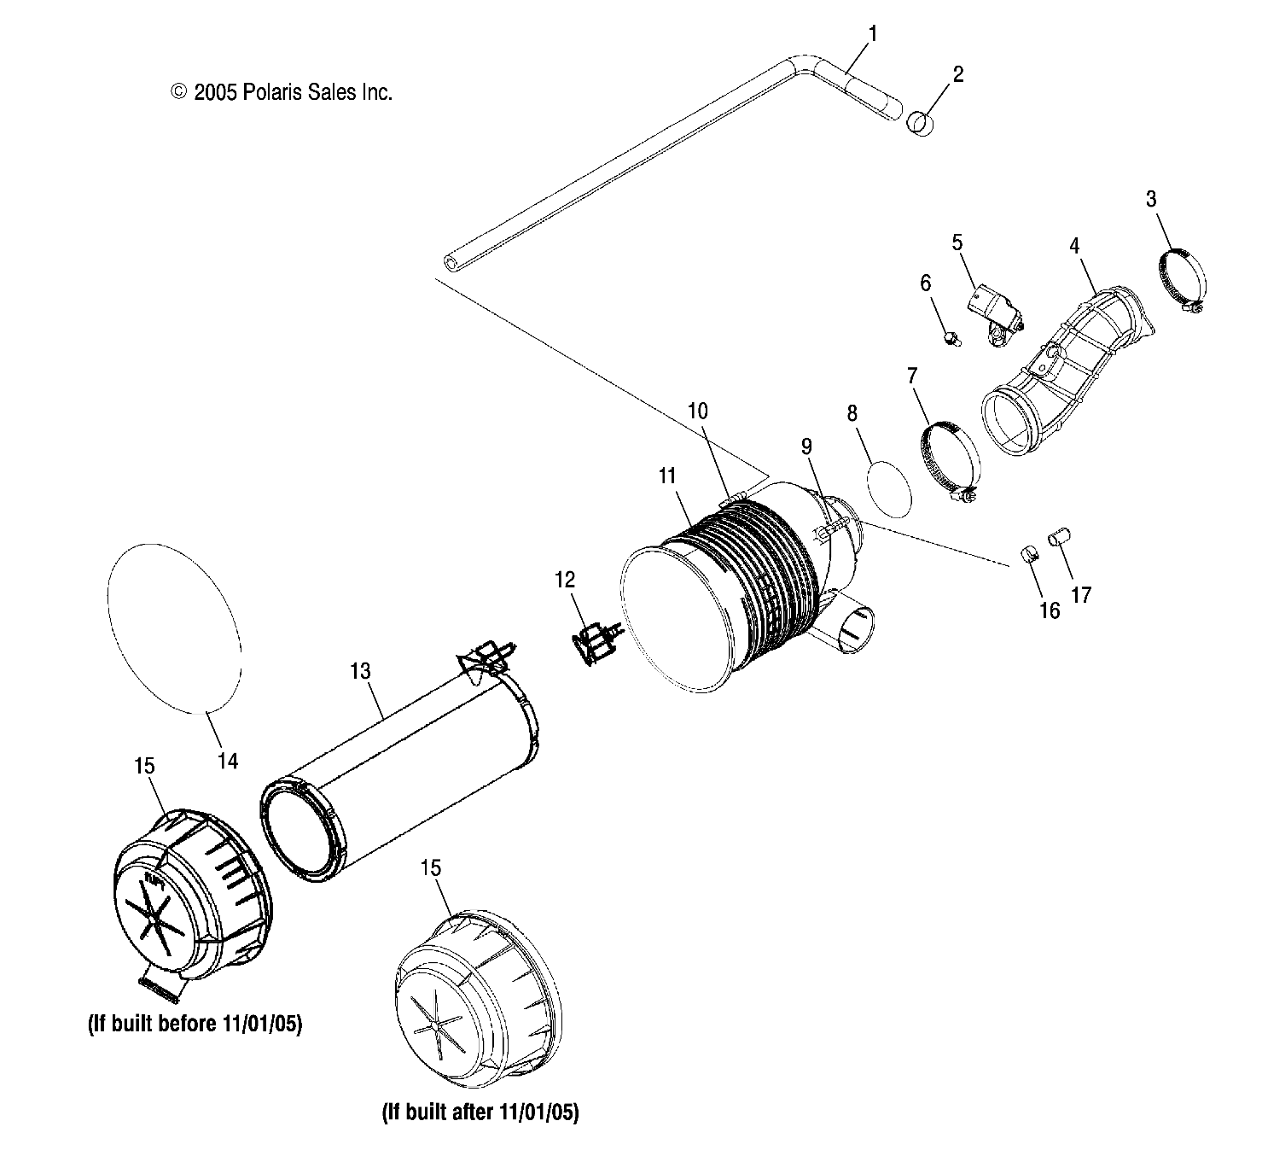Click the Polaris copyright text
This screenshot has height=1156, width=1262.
[x=282, y=93]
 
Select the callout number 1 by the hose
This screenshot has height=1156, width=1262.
[x=873, y=34]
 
